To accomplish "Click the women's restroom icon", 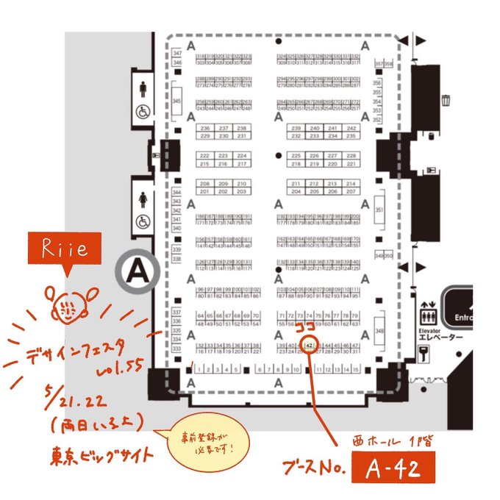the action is [142, 199].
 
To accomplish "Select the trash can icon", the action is [446, 99].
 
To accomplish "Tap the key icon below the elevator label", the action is [424, 356].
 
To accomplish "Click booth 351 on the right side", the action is [379, 210].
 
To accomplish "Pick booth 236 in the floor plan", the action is [205, 128].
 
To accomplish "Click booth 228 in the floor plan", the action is [351, 156].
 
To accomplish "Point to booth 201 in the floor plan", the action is [205, 191].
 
